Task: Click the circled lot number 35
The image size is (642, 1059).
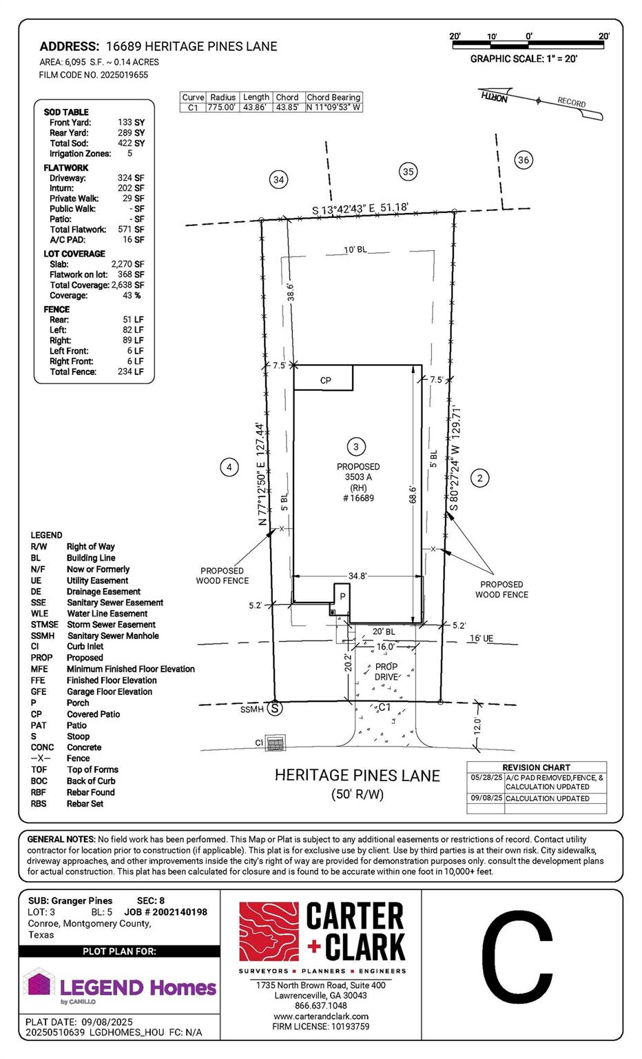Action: point(408,171)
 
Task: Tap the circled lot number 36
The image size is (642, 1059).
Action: point(524,160)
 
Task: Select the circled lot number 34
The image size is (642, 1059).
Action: point(278,180)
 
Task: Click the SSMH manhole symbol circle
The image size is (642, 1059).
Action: point(276,708)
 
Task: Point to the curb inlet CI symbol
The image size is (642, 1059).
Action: point(276,743)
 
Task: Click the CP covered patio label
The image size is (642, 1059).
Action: point(325,380)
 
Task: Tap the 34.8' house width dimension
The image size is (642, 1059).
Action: point(357,576)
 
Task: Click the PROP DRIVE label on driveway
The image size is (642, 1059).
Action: point(386,672)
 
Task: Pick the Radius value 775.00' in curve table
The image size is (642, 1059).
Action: point(222,108)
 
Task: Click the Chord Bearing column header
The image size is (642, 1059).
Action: point(333,97)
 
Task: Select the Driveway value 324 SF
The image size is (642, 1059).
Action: point(130,178)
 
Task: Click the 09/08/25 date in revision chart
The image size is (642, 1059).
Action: point(486,798)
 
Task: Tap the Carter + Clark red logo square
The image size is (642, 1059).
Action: point(268,932)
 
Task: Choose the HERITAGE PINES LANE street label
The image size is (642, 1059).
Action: point(357,776)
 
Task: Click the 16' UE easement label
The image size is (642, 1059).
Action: point(481,638)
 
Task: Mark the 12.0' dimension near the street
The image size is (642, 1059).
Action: point(477,726)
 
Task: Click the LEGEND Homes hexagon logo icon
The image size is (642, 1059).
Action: point(39,983)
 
